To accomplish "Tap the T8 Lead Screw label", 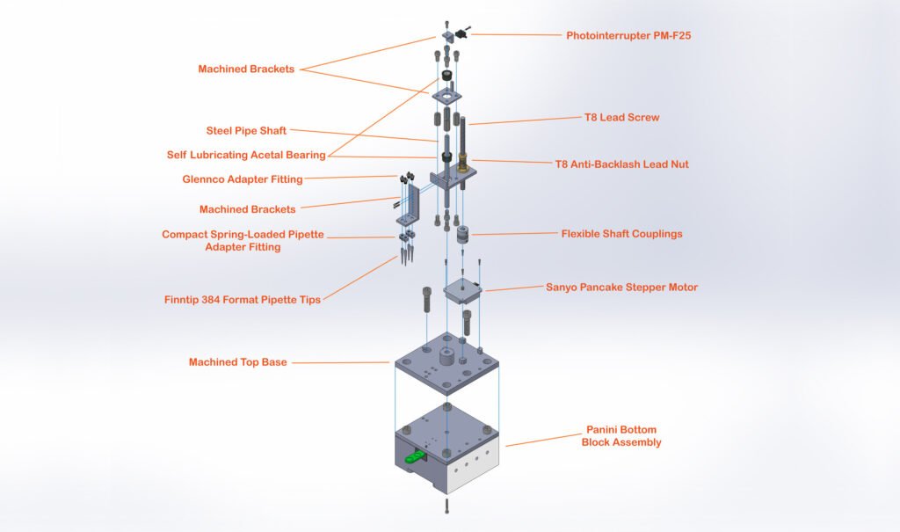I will tap(621, 117).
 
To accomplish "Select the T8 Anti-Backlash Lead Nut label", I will tap(621, 164).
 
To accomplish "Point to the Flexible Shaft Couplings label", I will tap(621, 234).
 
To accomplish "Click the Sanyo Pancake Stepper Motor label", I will tap(621, 288).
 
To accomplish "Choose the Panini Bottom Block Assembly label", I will tap(621, 436).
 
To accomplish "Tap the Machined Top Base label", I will tap(237, 362).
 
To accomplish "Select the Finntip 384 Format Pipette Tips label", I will tap(242, 299).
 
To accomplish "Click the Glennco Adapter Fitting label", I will tap(242, 179).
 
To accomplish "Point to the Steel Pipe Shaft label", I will tap(246, 131).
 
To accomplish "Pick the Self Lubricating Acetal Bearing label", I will tap(246, 155).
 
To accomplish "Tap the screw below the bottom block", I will tap(448, 507).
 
